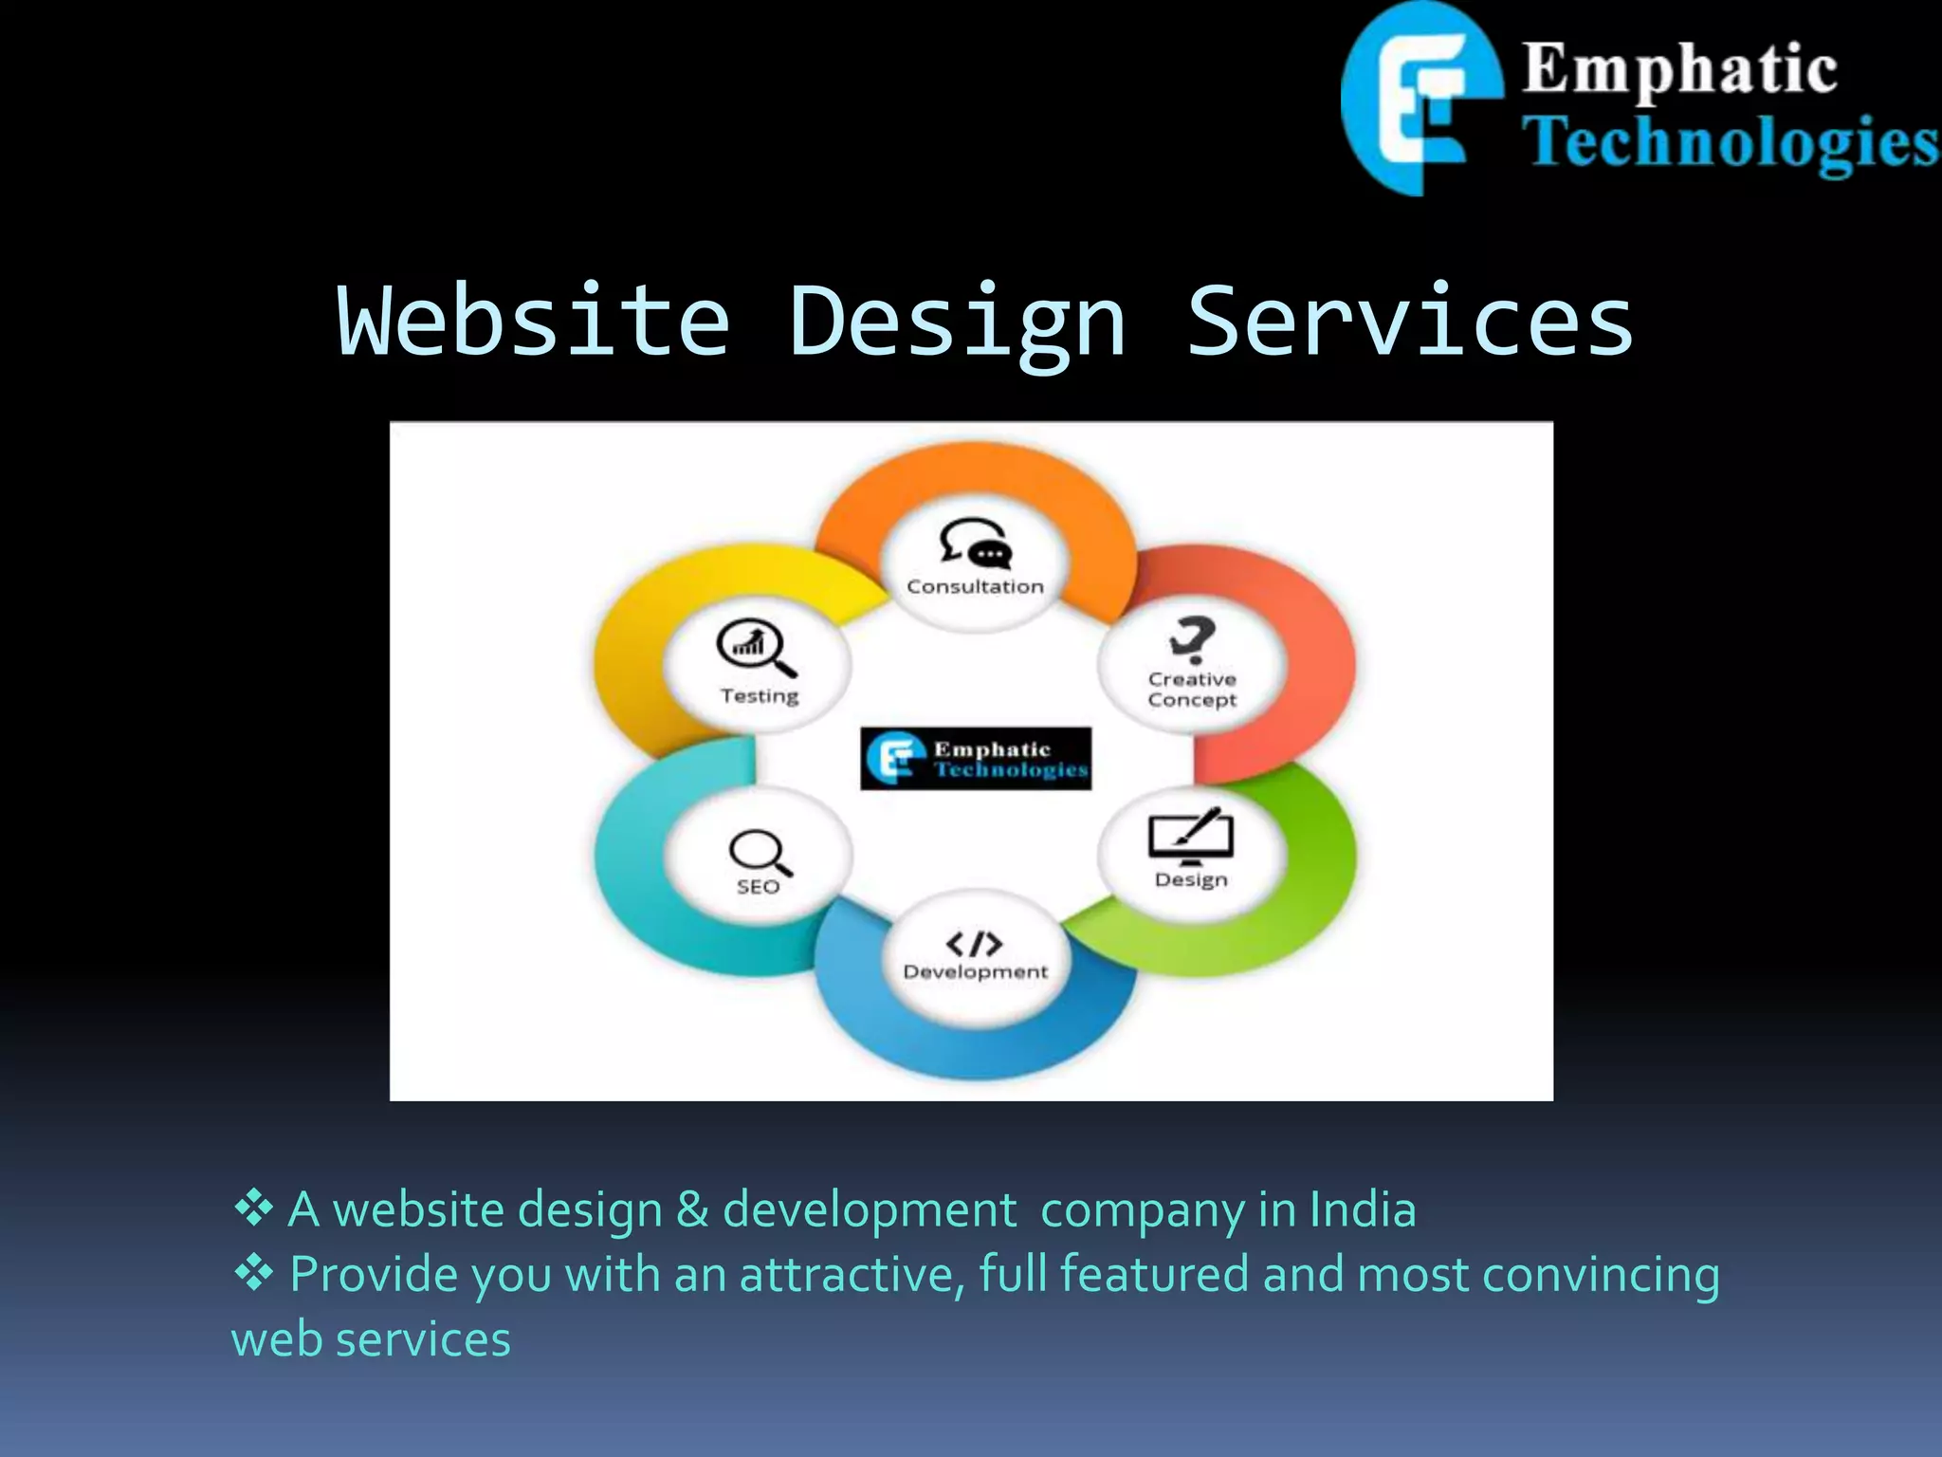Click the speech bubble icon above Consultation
[x=976, y=543]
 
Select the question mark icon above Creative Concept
[x=1192, y=639]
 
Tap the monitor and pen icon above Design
[x=1191, y=837]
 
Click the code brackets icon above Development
[x=975, y=944]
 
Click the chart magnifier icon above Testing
[x=756, y=648]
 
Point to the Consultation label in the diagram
[x=975, y=587]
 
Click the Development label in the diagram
[x=975, y=972]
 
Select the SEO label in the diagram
[x=759, y=887]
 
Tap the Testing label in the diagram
[x=760, y=696]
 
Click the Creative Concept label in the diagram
[x=1192, y=690]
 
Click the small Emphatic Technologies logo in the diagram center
[x=976, y=759]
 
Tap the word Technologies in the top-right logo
[x=1730, y=142]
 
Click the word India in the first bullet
[x=1363, y=1209]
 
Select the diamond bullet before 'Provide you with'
[x=253, y=1272]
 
